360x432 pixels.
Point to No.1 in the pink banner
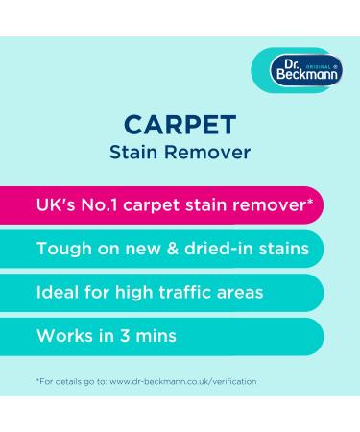[x=106, y=205]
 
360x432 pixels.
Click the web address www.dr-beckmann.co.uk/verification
[x=180, y=381]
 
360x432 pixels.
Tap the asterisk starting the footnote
[x=37, y=380]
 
